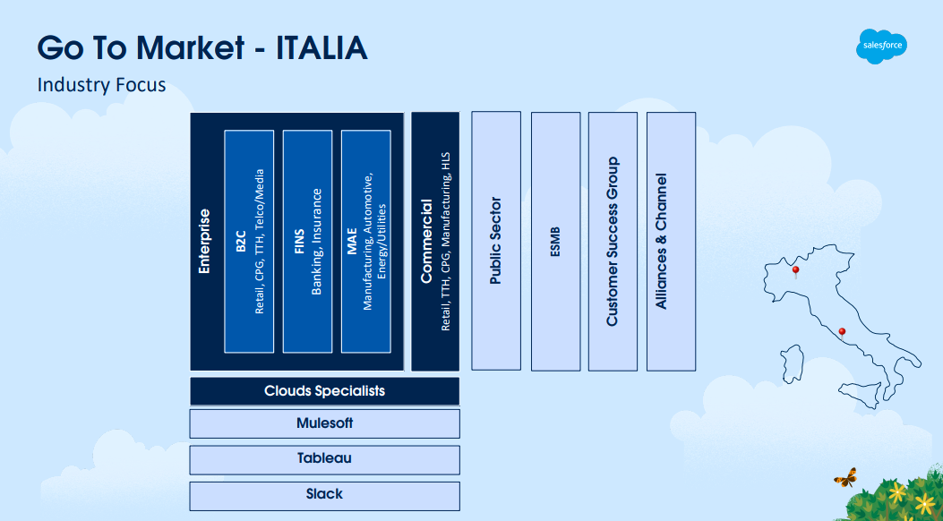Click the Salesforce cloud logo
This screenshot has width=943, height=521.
881,46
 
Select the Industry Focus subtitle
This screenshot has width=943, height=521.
101,85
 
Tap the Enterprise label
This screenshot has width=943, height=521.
205,242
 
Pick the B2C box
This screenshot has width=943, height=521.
249,242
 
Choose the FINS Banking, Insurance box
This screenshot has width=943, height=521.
307,242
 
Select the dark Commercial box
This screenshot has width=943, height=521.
435,242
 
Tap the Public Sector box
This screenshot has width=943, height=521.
496,240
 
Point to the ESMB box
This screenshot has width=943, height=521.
555,240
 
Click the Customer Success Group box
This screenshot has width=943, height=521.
613,240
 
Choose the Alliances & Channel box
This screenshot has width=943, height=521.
671,240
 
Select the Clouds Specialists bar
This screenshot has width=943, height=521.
324,391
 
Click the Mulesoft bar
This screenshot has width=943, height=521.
324,423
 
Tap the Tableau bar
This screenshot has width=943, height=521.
324,459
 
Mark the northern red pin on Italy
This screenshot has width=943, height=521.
795,270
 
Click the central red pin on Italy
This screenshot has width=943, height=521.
841,333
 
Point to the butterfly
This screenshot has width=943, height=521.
844,477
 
